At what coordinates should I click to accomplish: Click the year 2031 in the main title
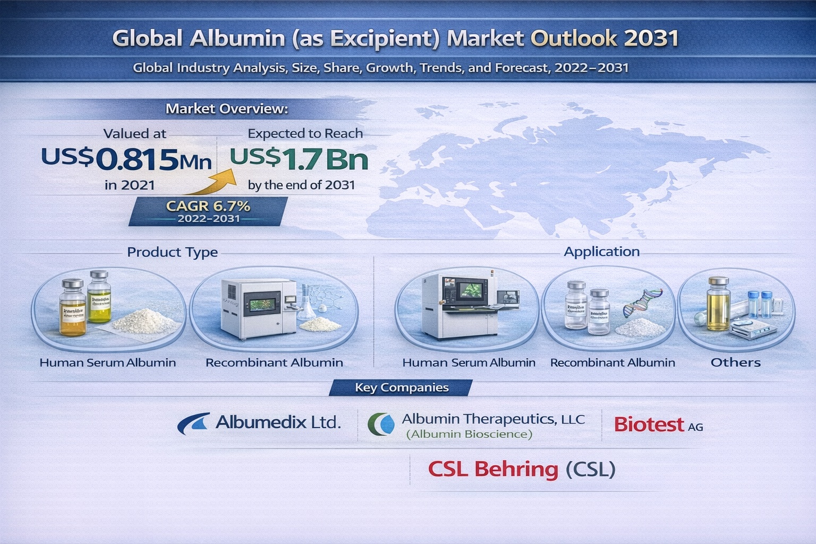tap(651, 38)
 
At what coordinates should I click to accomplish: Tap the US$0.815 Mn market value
tap(126, 159)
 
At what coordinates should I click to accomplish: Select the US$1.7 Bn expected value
tap(299, 159)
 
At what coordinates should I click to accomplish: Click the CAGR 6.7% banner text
tap(208, 206)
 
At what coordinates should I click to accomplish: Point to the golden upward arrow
tap(212, 183)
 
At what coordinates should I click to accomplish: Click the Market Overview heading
tap(227, 109)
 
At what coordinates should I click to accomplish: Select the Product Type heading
tap(172, 252)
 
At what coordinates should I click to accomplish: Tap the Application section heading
tap(601, 251)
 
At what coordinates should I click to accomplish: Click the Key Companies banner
tap(402, 388)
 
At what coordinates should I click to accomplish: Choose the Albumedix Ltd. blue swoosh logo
tap(193, 423)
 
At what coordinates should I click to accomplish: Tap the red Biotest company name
tap(649, 424)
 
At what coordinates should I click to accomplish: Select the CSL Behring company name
tap(493, 469)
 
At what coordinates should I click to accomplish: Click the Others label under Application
tap(735, 362)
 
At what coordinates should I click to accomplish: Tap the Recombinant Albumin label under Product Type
tap(274, 362)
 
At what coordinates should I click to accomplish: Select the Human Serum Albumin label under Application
tap(469, 362)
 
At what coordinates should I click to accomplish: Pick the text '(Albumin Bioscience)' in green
tap(469, 434)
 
